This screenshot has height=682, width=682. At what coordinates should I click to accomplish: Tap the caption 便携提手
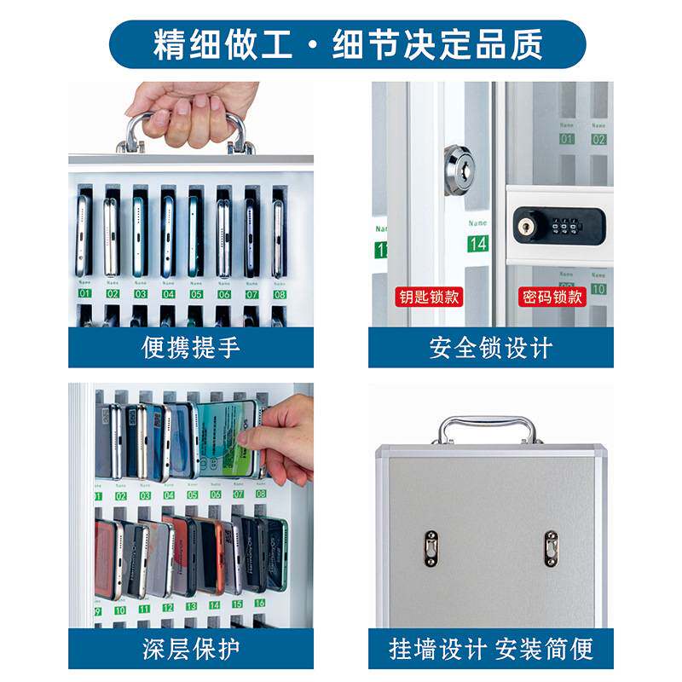(x=190, y=348)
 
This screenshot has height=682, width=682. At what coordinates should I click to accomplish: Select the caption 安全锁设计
(x=490, y=348)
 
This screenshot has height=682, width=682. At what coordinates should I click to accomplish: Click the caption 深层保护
(x=190, y=649)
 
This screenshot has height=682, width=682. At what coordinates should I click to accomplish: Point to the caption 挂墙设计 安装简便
(x=490, y=649)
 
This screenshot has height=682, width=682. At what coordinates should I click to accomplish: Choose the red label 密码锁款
(x=552, y=298)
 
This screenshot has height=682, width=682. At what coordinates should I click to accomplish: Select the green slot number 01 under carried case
(x=84, y=293)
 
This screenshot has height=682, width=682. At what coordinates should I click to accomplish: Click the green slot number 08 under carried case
(x=279, y=293)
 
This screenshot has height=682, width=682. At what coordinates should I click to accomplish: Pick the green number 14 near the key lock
(x=478, y=245)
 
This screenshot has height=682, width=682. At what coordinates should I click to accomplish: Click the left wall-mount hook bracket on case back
(x=431, y=548)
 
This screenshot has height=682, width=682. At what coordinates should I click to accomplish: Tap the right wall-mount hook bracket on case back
(x=552, y=548)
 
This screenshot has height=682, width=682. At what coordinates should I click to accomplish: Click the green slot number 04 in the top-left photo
(x=168, y=293)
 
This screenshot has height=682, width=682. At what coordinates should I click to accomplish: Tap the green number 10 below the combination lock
(x=598, y=289)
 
